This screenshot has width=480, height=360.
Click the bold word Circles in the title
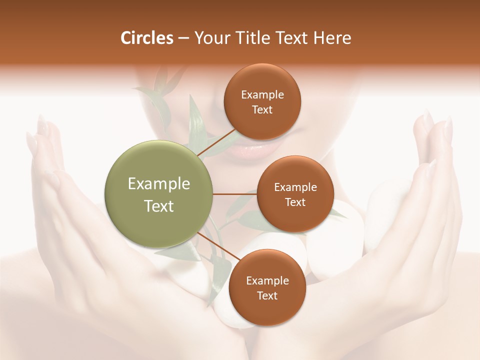click(x=146, y=38)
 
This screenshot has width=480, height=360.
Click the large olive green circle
click(x=159, y=194)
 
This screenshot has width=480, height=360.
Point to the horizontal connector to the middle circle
click(x=235, y=194)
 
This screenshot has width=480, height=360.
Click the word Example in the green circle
click(x=159, y=184)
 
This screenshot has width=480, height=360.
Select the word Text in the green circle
click(x=159, y=206)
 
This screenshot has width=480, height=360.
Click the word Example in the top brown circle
click(x=262, y=95)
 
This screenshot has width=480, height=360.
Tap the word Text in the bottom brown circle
click(x=267, y=295)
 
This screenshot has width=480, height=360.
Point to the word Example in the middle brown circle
click(x=295, y=187)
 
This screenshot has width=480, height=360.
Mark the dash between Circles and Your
click(x=183, y=38)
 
